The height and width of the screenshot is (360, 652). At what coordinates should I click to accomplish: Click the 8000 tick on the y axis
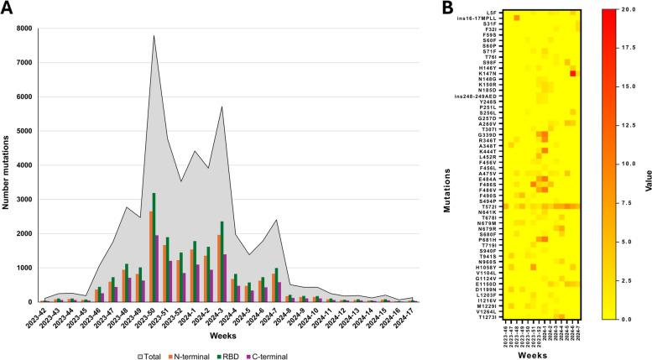point(23,29)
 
